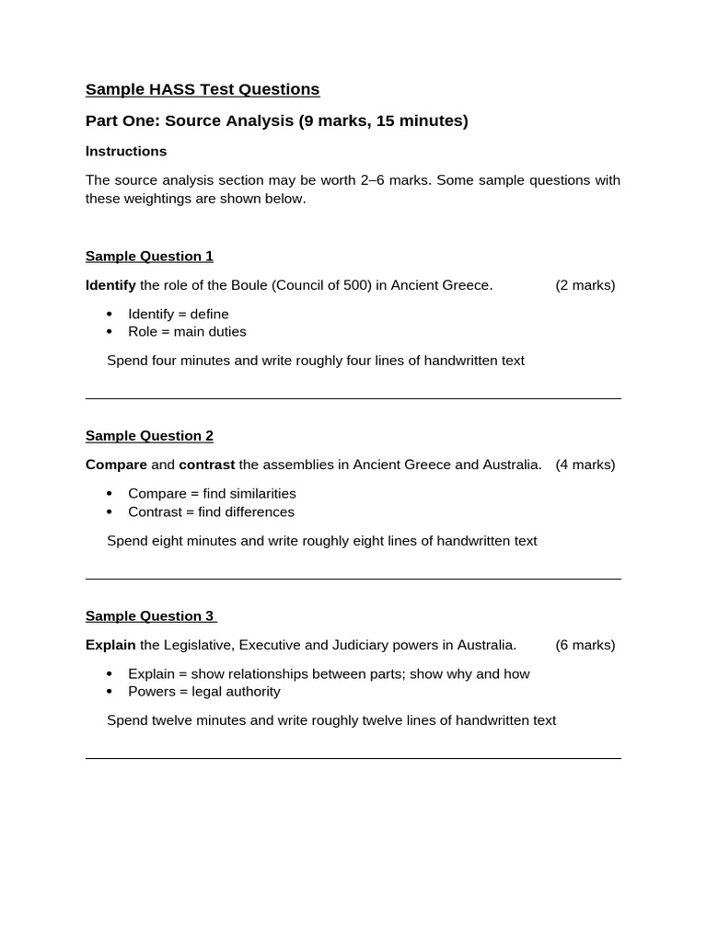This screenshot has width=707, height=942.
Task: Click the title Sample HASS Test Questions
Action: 203,89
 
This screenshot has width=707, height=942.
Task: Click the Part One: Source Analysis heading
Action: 276,121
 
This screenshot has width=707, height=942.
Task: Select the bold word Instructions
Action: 126,151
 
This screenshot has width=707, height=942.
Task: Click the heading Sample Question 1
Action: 149,256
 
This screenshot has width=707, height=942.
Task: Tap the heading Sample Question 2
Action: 149,435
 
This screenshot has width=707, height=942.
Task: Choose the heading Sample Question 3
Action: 149,615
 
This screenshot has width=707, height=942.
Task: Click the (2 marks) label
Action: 585,285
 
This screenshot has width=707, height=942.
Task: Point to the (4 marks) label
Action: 585,465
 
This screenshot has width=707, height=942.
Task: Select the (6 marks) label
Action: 585,645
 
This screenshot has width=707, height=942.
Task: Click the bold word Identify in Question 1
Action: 110,285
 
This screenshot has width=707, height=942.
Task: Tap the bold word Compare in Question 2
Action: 116,465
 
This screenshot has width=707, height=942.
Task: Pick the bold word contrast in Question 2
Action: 206,465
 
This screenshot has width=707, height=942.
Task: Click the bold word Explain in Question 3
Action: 110,645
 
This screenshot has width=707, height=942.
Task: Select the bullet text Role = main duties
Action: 187,331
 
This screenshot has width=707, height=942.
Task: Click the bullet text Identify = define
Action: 179,314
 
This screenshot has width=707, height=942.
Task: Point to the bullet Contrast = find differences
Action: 211,511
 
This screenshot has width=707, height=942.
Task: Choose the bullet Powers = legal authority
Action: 204,691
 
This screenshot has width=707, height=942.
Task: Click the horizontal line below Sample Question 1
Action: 353,398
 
